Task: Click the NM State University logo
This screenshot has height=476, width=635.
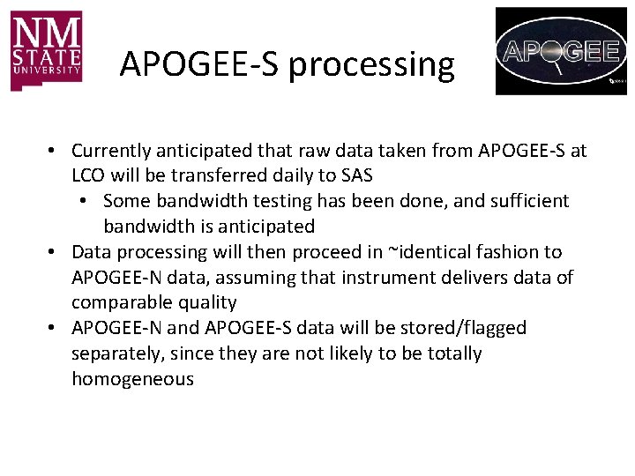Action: (x=47, y=50)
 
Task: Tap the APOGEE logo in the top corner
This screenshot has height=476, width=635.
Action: (x=561, y=51)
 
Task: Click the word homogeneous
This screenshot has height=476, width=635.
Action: (x=132, y=379)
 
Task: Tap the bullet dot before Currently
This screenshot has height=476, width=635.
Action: (x=54, y=152)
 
